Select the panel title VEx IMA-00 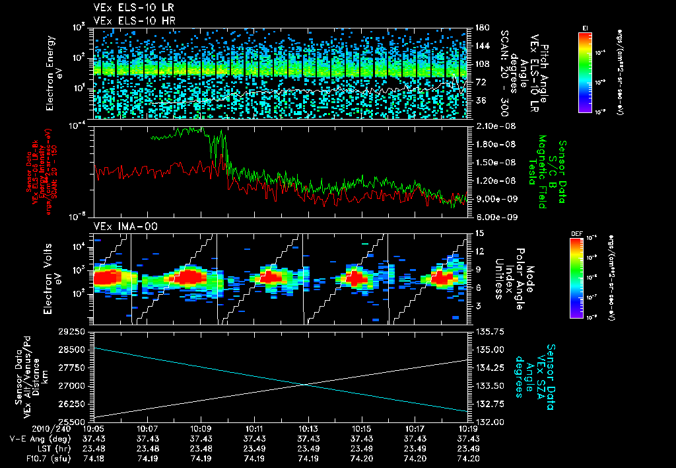(119, 226)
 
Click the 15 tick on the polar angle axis (479, 233)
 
